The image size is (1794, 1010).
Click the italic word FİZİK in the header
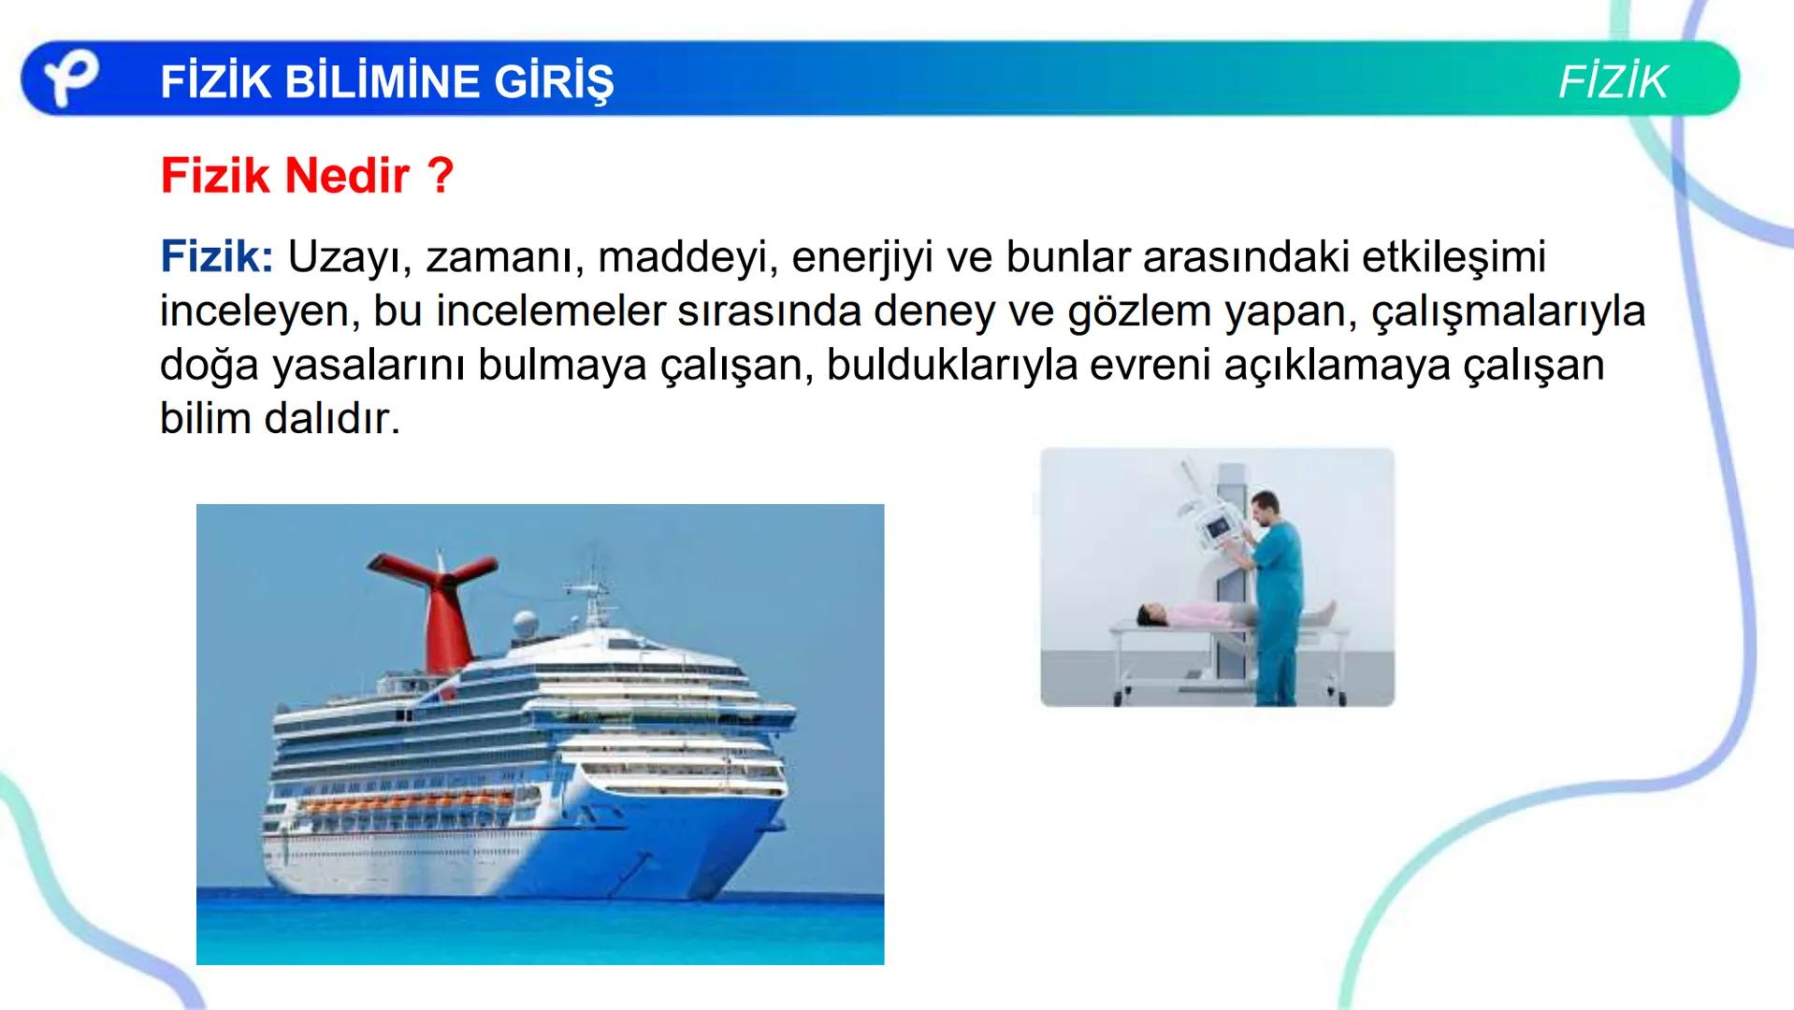tap(1613, 82)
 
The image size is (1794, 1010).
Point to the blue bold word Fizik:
tap(216, 256)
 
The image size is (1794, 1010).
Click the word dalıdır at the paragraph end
tap(331, 418)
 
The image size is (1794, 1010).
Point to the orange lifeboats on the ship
tap(412, 802)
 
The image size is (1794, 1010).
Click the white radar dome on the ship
tap(525, 624)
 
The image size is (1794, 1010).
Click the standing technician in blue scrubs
tap(1274, 599)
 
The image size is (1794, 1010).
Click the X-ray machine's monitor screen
tap(1219, 530)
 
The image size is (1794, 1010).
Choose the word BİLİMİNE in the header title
tap(383, 82)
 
